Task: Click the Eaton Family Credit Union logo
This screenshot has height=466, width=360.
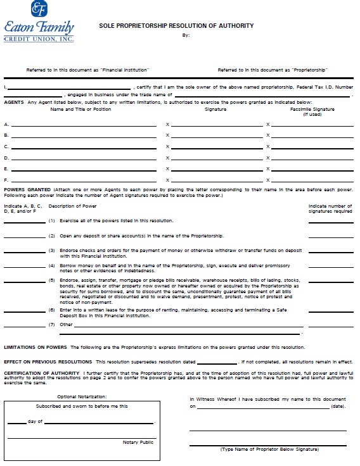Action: (39, 22)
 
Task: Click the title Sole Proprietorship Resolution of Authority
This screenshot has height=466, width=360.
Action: (176, 26)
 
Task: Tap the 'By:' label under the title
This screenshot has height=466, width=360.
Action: (186, 35)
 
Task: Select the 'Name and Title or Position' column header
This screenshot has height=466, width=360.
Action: (80, 110)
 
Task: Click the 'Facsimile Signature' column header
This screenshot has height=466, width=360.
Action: (312, 110)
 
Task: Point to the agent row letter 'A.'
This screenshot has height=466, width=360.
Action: (6, 125)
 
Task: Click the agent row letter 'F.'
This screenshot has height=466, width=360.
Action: (6, 180)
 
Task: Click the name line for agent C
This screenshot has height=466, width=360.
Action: (84, 147)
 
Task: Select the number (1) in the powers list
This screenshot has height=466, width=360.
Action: (52, 220)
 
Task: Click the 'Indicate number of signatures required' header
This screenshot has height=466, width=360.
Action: (330, 209)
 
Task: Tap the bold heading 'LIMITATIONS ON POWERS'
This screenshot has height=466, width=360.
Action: (35, 347)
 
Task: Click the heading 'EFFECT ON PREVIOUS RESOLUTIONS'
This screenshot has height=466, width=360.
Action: (47, 361)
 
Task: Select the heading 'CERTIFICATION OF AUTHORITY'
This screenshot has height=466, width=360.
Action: (42, 373)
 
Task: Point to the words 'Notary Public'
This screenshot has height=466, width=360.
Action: (138, 442)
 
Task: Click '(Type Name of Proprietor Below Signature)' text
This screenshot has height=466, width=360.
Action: (269, 449)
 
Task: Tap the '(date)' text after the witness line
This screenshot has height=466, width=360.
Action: (338, 407)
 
